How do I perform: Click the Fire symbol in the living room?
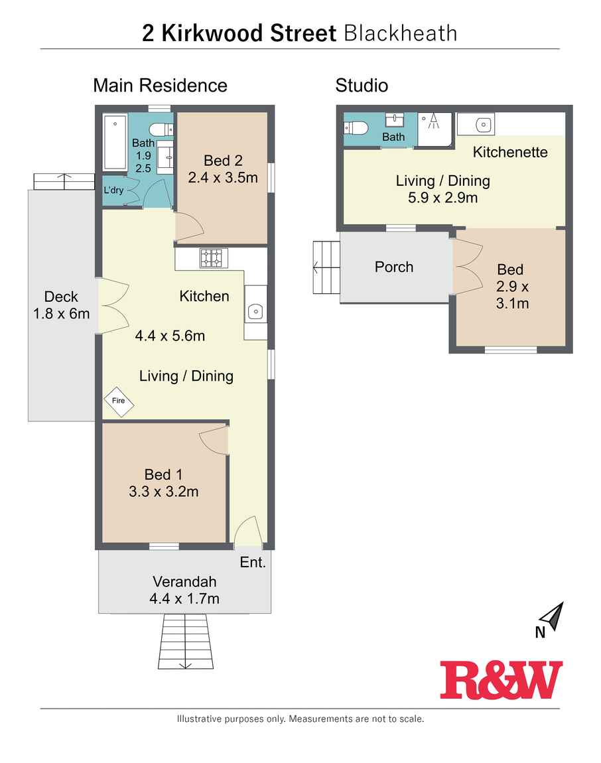(119, 401)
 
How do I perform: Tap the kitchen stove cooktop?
(214, 258)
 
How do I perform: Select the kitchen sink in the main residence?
(255, 311)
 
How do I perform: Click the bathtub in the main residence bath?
(115, 142)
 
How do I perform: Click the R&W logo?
(501, 680)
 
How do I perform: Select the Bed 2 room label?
(223, 161)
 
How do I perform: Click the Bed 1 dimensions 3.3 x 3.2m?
(163, 492)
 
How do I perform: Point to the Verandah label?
(184, 581)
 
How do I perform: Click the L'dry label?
(113, 190)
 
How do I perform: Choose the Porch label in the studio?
(394, 267)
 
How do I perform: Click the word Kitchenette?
(510, 152)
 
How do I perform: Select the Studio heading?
(362, 86)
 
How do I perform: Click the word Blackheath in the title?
(401, 33)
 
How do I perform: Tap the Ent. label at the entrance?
(253, 563)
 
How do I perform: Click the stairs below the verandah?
(186, 642)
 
